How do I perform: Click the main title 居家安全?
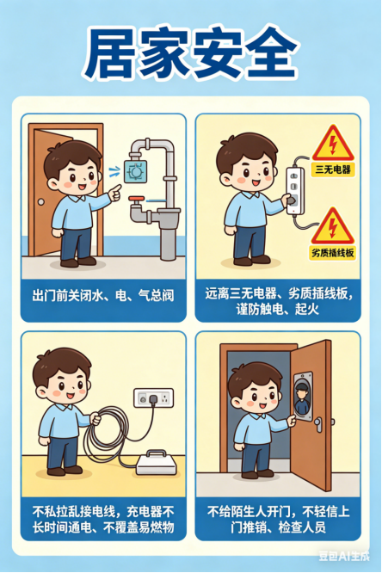pos(191,54)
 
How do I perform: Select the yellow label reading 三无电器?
pos(333,169)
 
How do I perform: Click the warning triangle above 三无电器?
pos(332,143)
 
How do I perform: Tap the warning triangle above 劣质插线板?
pos(330,225)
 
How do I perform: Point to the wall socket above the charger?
pos(154,397)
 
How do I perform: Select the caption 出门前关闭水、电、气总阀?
pos(102,296)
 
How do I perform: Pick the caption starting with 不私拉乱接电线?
pos(102,518)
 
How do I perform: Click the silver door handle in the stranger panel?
pos(317,424)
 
